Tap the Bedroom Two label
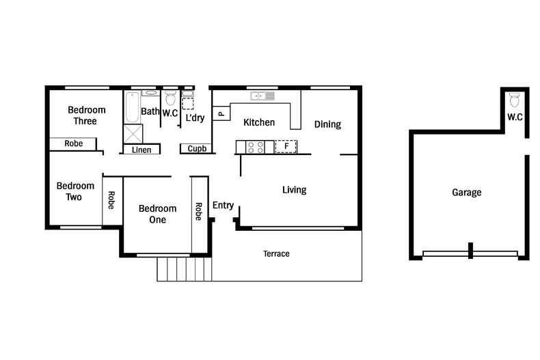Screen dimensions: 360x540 click(75, 191)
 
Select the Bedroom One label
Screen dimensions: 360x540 click(157, 214)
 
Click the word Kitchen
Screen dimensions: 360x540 click(259, 123)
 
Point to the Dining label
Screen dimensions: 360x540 click(327, 124)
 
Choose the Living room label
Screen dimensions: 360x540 click(294, 190)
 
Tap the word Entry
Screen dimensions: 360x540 click(223, 206)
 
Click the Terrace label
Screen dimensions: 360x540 click(276, 254)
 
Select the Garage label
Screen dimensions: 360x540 click(466, 193)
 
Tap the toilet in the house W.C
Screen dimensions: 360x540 click(171, 98)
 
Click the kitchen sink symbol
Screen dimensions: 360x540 click(262, 96)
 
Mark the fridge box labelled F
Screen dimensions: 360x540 click(285, 146)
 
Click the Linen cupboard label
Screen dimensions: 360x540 click(141, 150)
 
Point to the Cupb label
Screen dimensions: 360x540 click(197, 149)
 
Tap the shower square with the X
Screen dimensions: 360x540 click(132, 133)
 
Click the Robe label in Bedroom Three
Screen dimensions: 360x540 click(74, 144)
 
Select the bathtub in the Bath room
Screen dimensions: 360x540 click(132, 107)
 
